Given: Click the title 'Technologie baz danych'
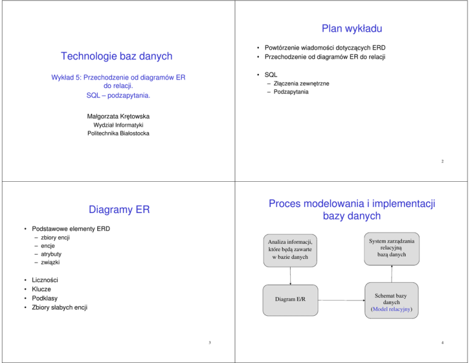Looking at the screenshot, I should click(116, 56).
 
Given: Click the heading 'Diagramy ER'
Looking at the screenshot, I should click(116, 210).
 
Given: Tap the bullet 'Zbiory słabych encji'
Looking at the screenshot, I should click(59, 307).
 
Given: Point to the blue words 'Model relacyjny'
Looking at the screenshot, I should click(392, 309).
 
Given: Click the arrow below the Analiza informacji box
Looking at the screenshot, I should click(291, 276).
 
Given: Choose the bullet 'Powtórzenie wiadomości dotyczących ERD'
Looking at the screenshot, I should click(324, 47).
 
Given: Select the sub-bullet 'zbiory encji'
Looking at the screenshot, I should click(53, 237).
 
